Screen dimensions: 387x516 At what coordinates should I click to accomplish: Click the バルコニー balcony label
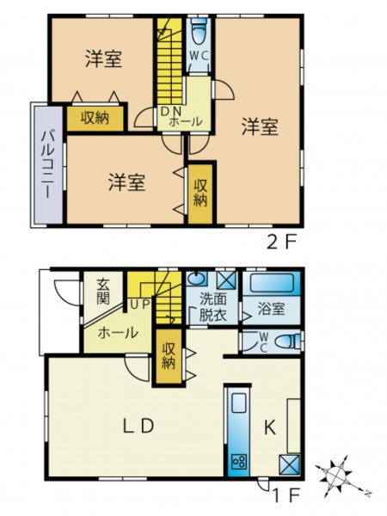click(46, 165)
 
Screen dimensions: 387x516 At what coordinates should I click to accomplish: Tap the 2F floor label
click(281, 243)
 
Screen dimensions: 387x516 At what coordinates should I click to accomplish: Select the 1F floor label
click(286, 496)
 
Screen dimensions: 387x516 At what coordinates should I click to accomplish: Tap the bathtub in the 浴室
click(272, 283)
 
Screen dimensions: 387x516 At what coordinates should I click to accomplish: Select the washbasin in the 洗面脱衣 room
click(197, 279)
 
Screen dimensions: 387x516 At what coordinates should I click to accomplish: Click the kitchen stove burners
click(238, 462)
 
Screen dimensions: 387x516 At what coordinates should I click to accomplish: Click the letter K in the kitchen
click(270, 428)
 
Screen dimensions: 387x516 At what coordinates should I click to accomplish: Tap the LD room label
click(138, 427)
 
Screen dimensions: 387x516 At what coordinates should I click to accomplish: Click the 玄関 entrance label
click(102, 291)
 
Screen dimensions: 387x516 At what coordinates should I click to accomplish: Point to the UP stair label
click(140, 304)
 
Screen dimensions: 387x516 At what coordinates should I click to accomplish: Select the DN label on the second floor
click(169, 112)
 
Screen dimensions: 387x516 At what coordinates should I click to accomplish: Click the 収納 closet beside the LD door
click(169, 356)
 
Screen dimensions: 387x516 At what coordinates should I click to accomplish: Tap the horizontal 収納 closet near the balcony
click(95, 117)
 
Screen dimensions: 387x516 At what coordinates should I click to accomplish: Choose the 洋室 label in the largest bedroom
click(260, 127)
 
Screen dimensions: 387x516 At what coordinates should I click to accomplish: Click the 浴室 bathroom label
click(271, 310)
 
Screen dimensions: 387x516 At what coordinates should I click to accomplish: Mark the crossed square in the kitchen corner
click(290, 464)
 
